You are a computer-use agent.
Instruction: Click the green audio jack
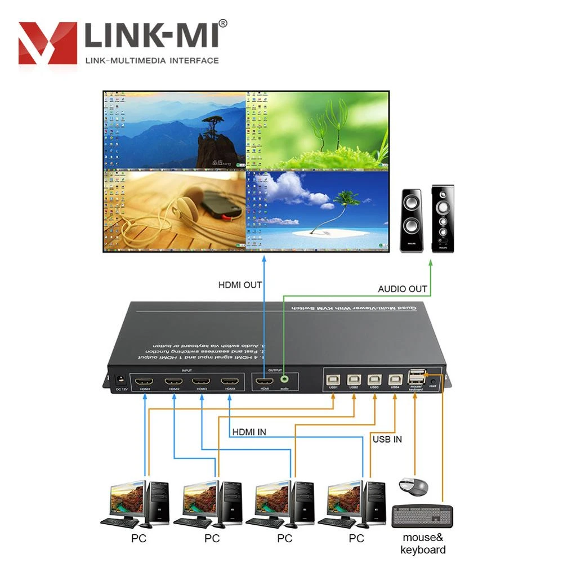pos(288,381)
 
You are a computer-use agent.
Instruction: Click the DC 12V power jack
pos(119,380)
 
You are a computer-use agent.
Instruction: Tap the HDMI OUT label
pos(240,285)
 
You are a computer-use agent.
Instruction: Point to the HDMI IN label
pos(249,432)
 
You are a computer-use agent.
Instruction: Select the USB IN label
pos(387,439)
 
